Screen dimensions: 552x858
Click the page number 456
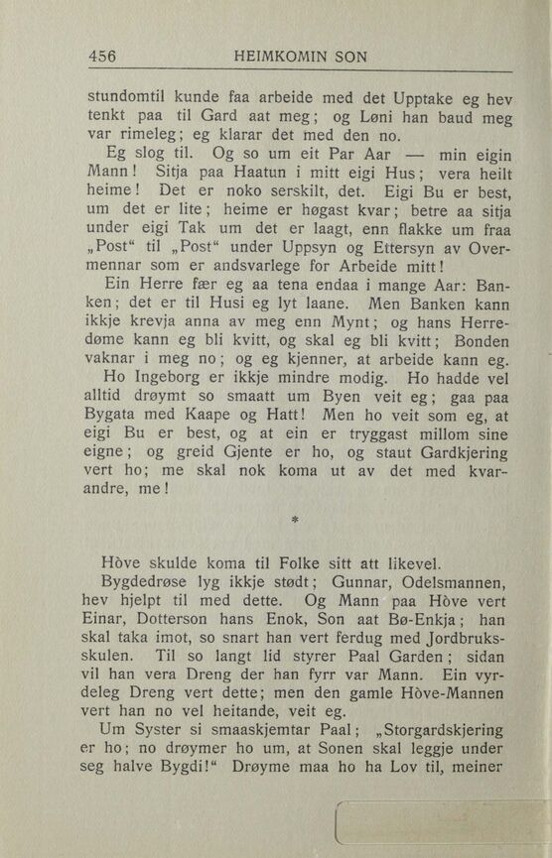102,58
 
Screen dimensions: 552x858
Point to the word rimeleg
140,137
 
